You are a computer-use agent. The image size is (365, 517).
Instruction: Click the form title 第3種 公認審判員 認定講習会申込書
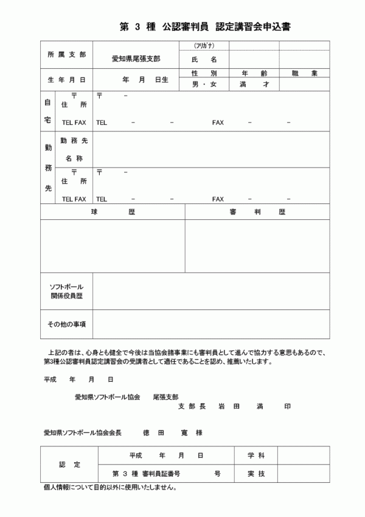(204, 26)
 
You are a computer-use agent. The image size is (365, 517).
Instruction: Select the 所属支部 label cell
(66, 55)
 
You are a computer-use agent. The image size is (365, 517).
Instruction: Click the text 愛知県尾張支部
(136, 59)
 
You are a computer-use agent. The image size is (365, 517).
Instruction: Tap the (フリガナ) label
(204, 46)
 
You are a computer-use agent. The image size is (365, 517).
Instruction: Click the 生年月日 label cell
(66, 80)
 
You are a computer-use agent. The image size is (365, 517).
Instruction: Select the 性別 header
(204, 73)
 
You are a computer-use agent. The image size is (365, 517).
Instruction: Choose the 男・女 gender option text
(204, 84)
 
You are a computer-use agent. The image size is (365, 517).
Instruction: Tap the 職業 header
(304, 73)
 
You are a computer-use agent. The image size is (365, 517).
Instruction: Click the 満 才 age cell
(254, 84)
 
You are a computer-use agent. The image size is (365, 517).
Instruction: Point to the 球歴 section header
(113, 211)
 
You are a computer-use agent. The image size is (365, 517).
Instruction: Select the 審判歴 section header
(257, 211)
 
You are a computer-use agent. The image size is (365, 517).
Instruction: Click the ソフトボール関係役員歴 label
(66, 291)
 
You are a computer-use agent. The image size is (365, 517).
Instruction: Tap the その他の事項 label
(66, 324)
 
